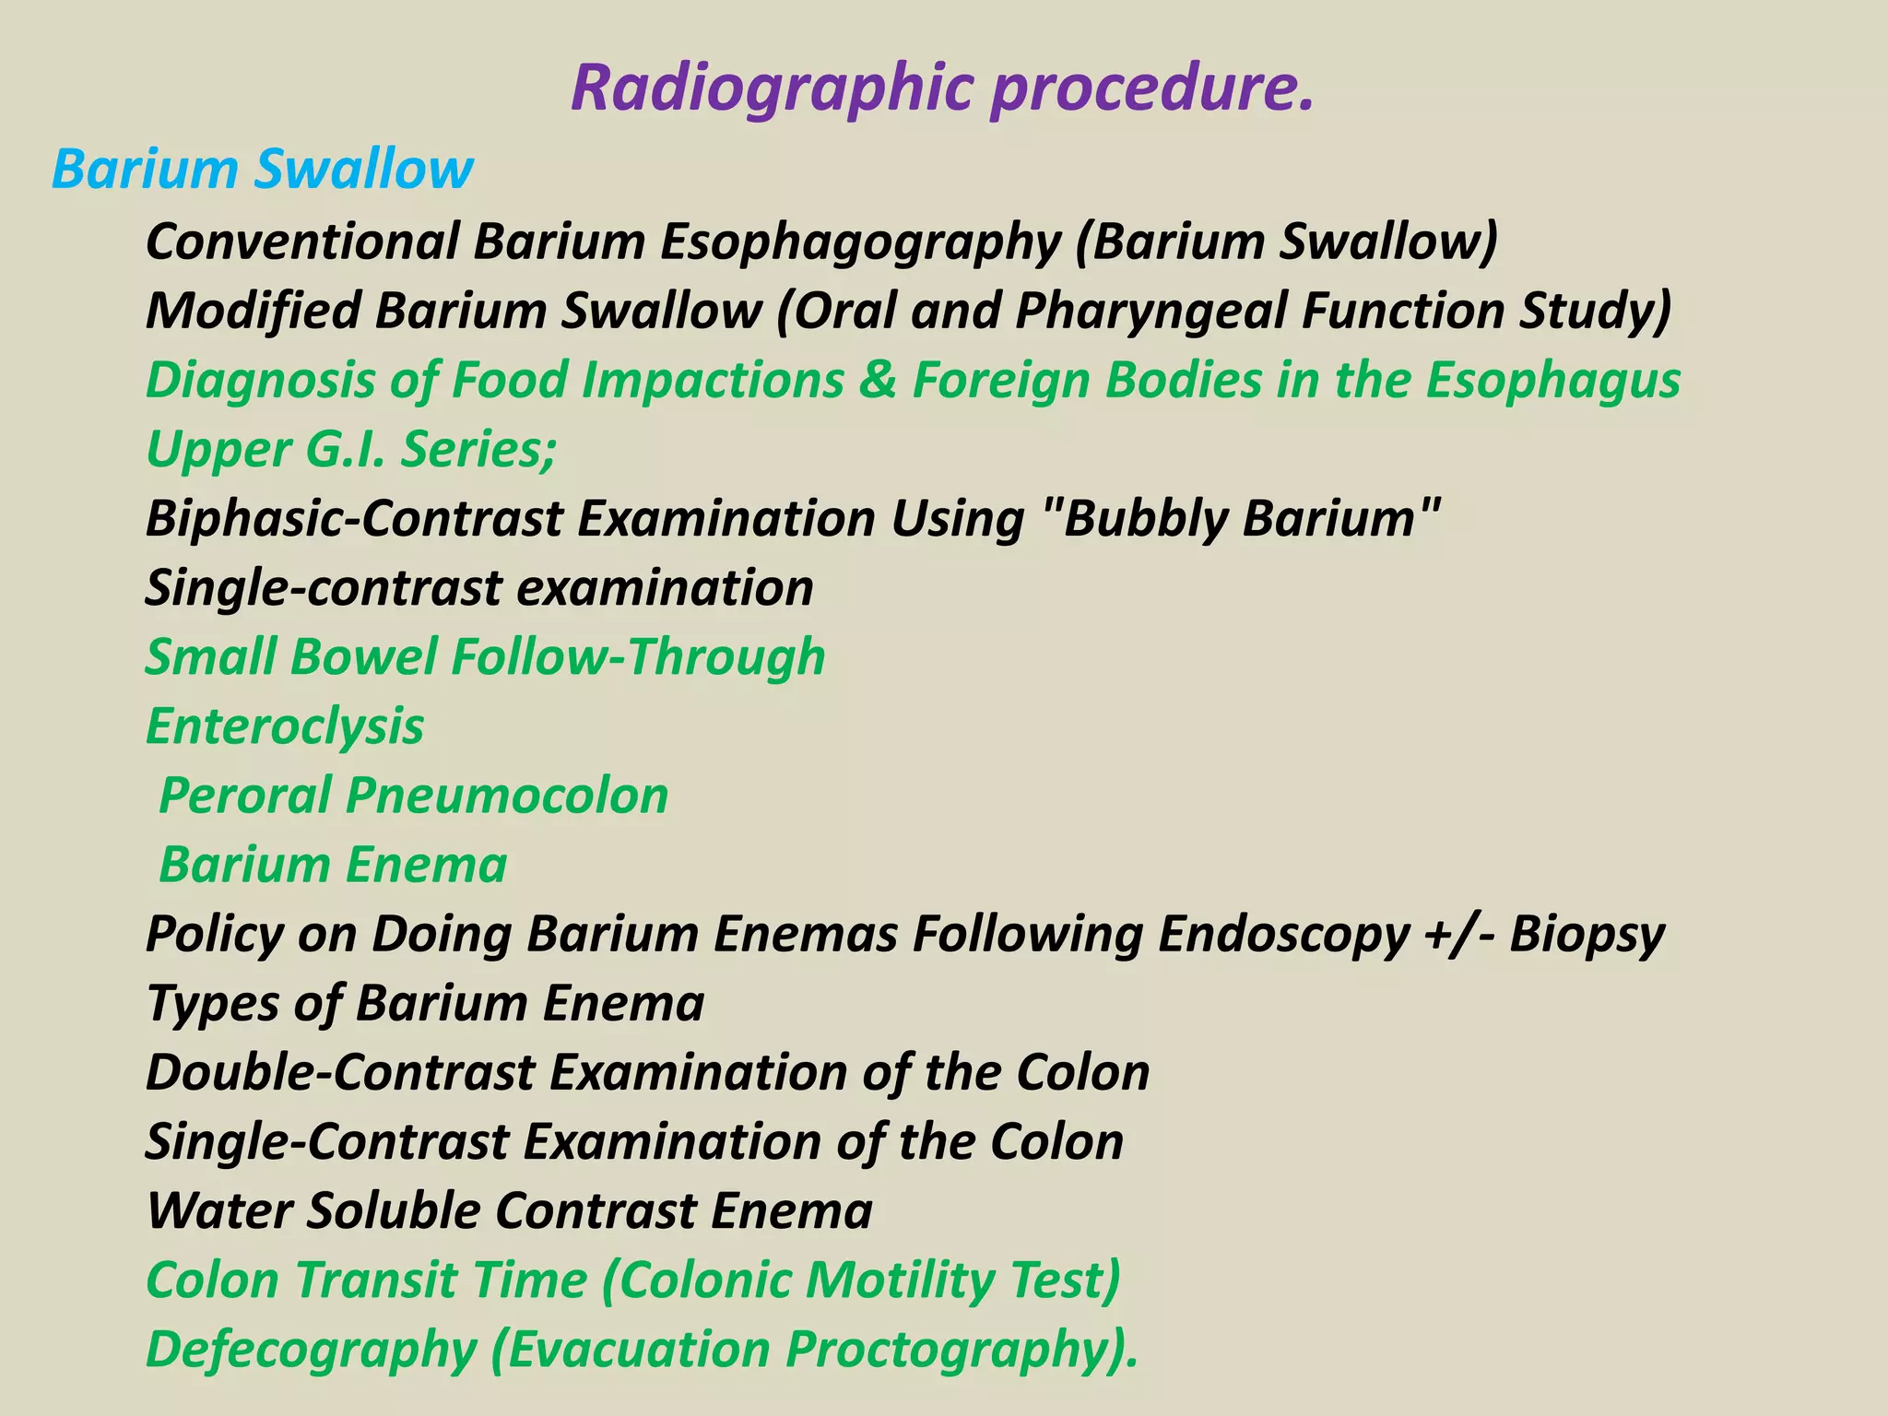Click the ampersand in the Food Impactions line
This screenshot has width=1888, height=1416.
pyautogui.click(x=877, y=380)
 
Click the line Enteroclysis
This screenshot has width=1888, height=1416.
pyautogui.click(x=285, y=726)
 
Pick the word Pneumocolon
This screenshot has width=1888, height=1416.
pyautogui.click(x=506, y=796)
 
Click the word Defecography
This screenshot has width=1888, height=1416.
pyautogui.click(x=311, y=1351)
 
